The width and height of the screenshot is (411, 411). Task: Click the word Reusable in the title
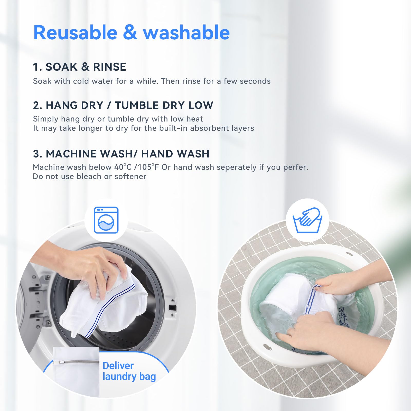click(x=75, y=33)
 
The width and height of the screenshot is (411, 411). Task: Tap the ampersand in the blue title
click(x=130, y=33)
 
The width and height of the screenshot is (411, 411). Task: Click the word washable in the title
click(x=186, y=33)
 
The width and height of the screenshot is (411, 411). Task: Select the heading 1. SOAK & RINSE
click(x=79, y=67)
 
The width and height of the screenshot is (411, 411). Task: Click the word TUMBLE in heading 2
click(x=137, y=105)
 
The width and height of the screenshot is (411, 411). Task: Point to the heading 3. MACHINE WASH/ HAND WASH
click(x=121, y=154)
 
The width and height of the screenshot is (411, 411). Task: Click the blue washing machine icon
click(x=106, y=220)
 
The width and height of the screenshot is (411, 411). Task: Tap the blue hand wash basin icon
click(x=307, y=220)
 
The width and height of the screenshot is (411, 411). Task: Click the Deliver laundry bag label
click(x=129, y=371)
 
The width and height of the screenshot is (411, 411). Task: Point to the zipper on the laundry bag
click(x=77, y=362)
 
